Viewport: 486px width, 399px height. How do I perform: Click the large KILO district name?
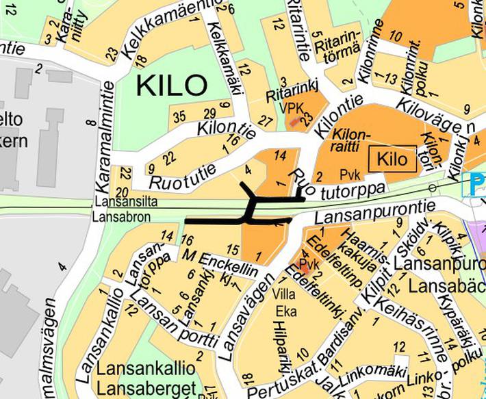[170, 86]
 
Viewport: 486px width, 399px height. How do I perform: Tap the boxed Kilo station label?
[392, 161]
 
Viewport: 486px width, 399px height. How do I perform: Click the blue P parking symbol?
[477, 183]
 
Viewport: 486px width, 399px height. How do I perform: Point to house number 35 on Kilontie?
[179, 116]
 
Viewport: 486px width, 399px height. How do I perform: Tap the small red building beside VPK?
[294, 122]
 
